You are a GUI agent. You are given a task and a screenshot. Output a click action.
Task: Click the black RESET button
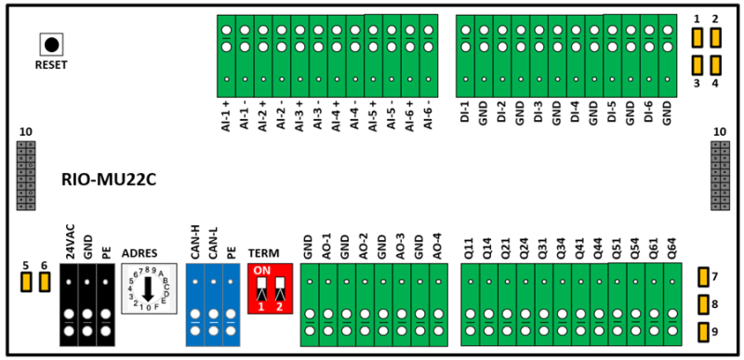coord(51,45)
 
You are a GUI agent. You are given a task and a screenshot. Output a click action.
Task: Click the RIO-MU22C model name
coord(109,180)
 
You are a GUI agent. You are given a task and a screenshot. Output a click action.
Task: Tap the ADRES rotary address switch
coord(149,288)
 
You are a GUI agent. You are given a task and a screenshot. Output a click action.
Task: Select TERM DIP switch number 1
coord(261,289)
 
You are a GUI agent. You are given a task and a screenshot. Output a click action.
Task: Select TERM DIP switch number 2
coord(280,289)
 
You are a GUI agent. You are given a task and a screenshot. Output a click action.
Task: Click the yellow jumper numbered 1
coord(697,38)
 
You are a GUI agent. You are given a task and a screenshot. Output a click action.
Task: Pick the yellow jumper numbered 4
coord(715,65)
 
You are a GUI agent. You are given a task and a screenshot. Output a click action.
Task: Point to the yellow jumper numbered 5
coord(26,282)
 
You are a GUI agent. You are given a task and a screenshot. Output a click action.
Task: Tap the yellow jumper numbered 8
coord(703,305)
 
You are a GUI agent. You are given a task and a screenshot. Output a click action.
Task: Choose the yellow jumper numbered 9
coord(703,332)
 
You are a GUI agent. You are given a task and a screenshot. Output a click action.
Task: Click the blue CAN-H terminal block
coord(195,304)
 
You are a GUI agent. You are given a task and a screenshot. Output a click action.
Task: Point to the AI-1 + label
coord(226,118)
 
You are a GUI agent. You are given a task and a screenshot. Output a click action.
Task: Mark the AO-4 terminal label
coord(438,246)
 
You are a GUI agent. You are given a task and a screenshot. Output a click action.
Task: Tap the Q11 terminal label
coord(470,248)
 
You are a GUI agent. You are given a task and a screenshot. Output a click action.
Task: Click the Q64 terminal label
coord(672,248)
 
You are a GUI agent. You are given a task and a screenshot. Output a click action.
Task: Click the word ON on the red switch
coord(261,271)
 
